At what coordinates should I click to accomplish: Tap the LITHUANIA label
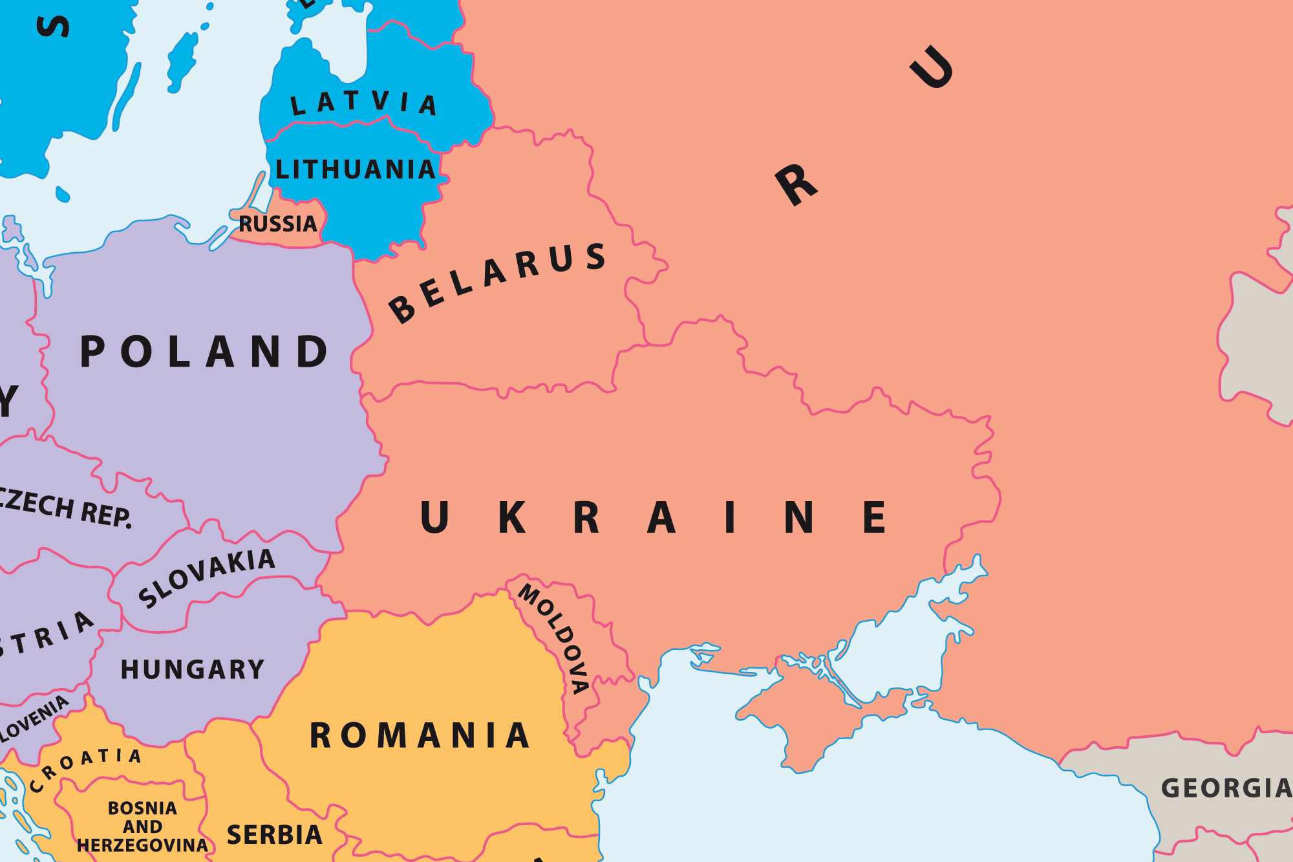click(x=355, y=170)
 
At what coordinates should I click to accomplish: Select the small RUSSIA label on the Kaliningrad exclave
click(x=278, y=224)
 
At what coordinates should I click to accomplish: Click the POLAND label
click(x=204, y=352)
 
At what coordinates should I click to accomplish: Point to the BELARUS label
click(x=497, y=282)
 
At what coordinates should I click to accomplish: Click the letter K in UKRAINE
click(x=512, y=517)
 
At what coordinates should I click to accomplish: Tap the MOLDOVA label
click(x=554, y=637)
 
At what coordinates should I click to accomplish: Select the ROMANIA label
click(x=420, y=736)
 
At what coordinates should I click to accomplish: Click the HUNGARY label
click(x=193, y=669)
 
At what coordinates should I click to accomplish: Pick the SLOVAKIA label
click(x=207, y=577)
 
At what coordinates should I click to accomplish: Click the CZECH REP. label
click(x=65, y=508)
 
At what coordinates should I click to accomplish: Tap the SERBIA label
click(x=274, y=835)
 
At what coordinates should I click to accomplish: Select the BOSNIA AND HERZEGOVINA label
click(x=142, y=826)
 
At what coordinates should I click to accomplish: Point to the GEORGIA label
click(x=1225, y=788)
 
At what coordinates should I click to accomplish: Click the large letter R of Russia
click(x=796, y=185)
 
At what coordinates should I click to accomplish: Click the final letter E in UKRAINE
click(x=874, y=517)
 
